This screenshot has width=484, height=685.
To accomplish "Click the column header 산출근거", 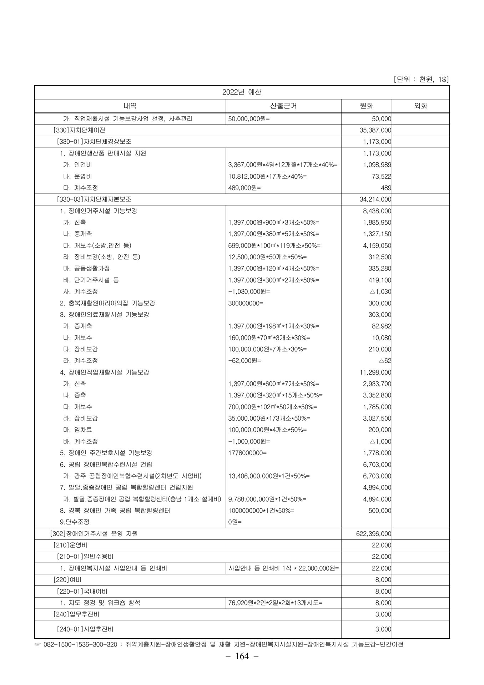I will [x=283, y=106].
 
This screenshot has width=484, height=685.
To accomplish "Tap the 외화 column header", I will [x=420, y=106].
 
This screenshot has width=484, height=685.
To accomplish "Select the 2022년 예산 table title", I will [x=242, y=92].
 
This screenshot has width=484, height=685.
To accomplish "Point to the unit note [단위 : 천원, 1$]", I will [x=421, y=79].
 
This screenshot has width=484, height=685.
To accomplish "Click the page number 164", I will [x=242, y=656].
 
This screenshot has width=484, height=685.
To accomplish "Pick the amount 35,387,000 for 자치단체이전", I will [x=375, y=130].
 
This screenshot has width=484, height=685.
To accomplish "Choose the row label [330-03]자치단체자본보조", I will [x=94, y=199].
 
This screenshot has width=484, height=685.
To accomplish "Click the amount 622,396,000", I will [x=373, y=534].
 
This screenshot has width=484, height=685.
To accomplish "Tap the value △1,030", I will [x=380, y=291].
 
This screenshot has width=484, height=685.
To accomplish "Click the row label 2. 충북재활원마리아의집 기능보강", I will [x=107, y=303].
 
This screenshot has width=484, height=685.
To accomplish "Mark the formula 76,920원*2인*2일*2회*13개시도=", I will [x=275, y=603].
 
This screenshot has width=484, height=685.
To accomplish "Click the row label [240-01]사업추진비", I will [x=85, y=629].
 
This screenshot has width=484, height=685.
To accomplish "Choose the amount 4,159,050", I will [x=377, y=245].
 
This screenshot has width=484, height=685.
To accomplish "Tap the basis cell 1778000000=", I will [x=247, y=453].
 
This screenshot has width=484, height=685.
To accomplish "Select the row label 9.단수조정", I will [x=75, y=522].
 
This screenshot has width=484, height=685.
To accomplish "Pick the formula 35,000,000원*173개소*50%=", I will [x=269, y=418].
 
